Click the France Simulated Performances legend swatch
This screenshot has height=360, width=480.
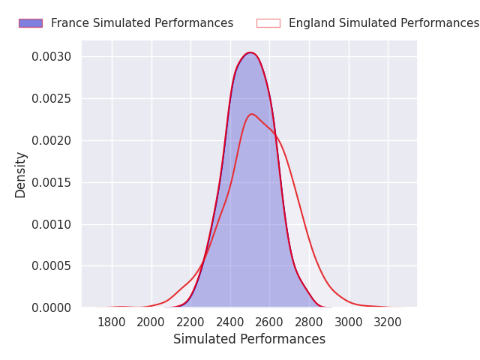31,23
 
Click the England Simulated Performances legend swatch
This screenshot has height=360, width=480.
268,23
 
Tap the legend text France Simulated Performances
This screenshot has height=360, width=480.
142,23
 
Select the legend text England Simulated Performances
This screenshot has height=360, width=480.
384,23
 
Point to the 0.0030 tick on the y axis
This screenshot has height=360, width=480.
52,57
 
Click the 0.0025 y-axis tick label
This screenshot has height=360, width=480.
52,99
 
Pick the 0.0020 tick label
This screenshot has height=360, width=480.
52,141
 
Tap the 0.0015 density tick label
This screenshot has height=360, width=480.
52,183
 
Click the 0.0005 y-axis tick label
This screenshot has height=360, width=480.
52,266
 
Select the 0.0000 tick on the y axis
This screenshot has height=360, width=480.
52,308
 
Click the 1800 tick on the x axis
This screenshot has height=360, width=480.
112,322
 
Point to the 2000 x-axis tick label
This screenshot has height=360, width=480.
151,322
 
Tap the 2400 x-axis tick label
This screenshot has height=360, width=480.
230,322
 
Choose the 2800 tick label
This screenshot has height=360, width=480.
309,322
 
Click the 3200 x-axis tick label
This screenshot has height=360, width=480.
388,322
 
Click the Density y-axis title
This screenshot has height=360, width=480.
20,175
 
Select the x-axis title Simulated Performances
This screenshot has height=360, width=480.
250,339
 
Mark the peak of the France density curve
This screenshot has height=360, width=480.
250,52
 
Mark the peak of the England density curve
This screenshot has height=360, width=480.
252,114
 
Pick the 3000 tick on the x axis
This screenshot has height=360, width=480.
349,322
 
